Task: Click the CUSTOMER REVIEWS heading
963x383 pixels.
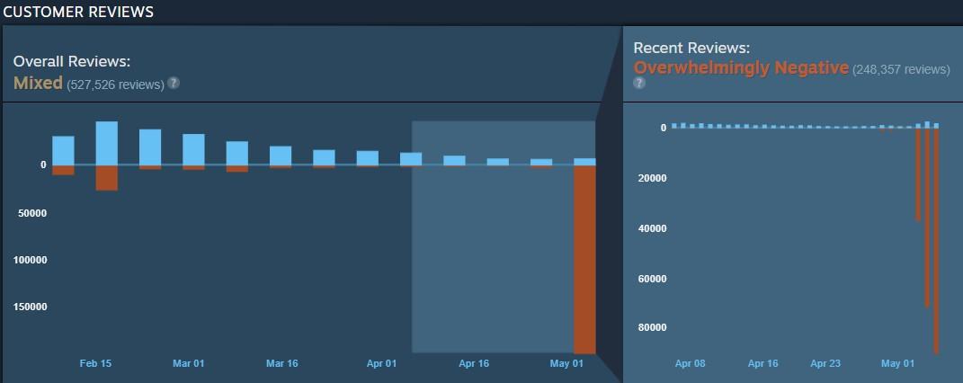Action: (78, 12)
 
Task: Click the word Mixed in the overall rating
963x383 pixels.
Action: (38, 83)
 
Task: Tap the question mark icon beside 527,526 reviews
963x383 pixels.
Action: (174, 83)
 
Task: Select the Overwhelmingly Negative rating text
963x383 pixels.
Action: (741, 67)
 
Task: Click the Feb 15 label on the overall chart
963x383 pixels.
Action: (96, 363)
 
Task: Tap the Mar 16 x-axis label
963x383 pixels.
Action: (282, 363)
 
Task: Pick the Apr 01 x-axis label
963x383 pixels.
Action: (381, 363)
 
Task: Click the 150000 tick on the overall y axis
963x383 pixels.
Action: (30, 307)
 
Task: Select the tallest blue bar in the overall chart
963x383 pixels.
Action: (107, 143)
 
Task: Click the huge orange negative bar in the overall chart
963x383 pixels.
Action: (584, 260)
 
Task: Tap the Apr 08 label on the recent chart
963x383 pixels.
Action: (691, 363)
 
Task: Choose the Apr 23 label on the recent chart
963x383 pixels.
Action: (825, 363)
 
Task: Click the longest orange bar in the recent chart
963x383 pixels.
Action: (937, 241)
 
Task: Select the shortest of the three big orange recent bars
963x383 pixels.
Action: (918, 174)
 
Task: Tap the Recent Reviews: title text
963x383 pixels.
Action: (691, 48)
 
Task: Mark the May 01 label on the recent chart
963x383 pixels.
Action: (898, 363)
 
